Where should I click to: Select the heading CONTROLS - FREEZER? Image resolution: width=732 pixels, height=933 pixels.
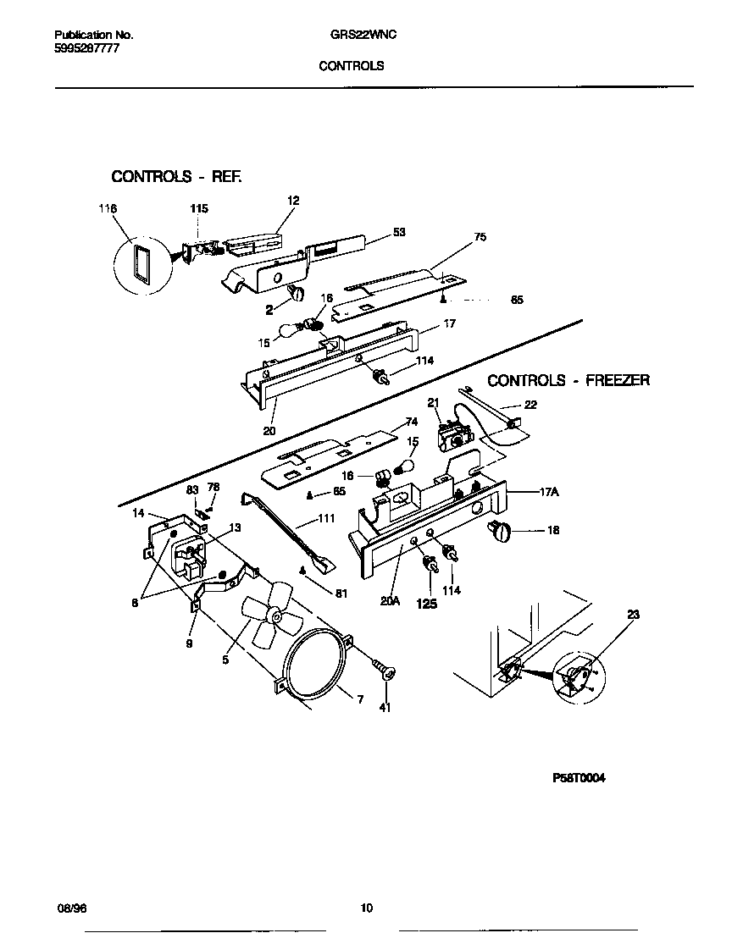coord(568,380)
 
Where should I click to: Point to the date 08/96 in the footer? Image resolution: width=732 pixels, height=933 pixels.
coord(71,908)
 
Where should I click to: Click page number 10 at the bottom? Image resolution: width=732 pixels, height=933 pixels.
coord(366,908)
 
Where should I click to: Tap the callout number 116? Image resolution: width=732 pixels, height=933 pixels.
coord(108,208)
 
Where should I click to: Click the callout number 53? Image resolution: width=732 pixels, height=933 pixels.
coord(399,233)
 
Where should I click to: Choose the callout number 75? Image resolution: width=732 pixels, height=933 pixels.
coord(480,238)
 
